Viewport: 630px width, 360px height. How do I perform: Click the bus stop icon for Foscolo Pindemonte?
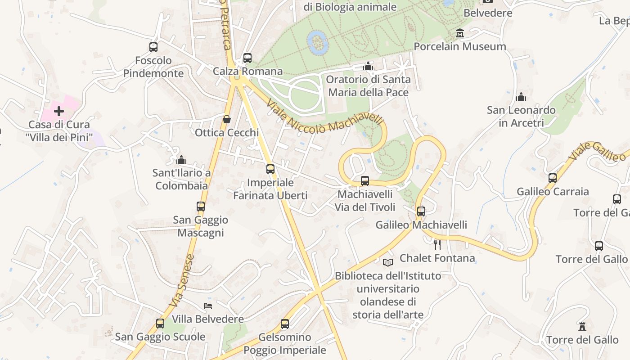click(153, 47)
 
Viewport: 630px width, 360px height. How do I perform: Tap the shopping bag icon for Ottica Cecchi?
click(227, 119)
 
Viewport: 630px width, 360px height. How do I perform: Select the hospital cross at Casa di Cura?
click(59, 111)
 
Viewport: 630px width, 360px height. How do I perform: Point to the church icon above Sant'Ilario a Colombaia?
click(181, 160)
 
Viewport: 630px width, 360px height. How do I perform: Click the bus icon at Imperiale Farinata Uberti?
click(270, 169)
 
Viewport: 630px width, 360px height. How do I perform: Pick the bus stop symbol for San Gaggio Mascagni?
click(201, 207)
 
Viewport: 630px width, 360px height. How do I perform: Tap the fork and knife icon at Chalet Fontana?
click(436, 244)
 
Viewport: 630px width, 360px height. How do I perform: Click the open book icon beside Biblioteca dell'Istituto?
click(387, 262)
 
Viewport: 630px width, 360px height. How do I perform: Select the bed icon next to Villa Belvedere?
click(208, 306)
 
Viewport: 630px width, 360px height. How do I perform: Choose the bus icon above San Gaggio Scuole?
click(160, 324)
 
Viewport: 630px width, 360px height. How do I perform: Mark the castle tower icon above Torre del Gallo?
click(582, 326)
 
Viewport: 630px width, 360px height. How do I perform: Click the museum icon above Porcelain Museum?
click(459, 33)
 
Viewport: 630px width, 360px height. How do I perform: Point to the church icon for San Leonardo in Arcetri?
click(521, 97)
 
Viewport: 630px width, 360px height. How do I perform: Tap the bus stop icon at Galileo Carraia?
click(553, 178)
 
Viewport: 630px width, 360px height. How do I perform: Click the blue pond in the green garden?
click(317, 42)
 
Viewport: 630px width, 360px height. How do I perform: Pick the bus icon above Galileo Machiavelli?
click(421, 211)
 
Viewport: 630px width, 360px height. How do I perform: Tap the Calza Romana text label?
click(247, 71)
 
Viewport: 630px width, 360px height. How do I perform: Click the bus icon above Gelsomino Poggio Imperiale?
click(284, 324)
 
